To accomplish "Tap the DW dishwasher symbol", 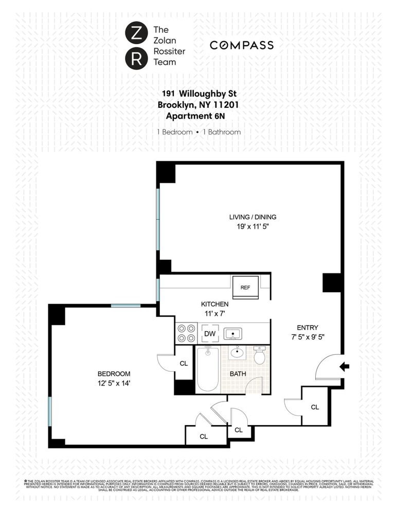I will point(210,333).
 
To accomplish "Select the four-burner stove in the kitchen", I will point(186,333).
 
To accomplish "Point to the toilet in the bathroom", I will point(260,355).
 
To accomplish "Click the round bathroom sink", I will point(238,354).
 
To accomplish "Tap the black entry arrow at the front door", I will point(345,367).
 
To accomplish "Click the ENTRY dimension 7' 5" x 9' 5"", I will point(308,337).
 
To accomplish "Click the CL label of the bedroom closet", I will point(184,364).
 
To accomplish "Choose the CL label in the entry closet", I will point(315,407).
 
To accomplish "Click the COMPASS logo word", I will point(241,46).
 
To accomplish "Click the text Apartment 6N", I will point(199,116).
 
